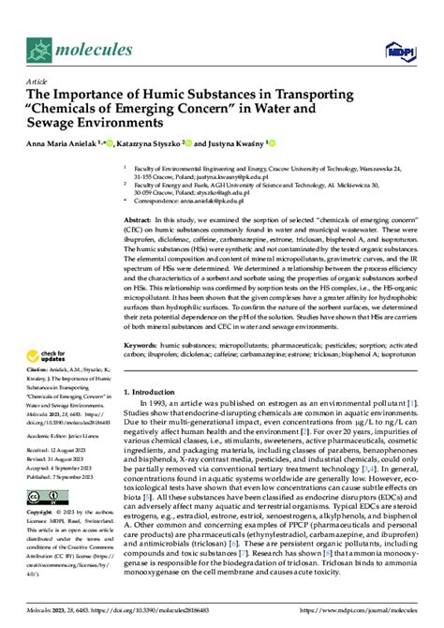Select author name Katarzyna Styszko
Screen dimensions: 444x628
(151, 144)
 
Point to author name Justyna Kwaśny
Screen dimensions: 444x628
(232, 144)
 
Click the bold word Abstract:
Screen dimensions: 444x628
(139, 217)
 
